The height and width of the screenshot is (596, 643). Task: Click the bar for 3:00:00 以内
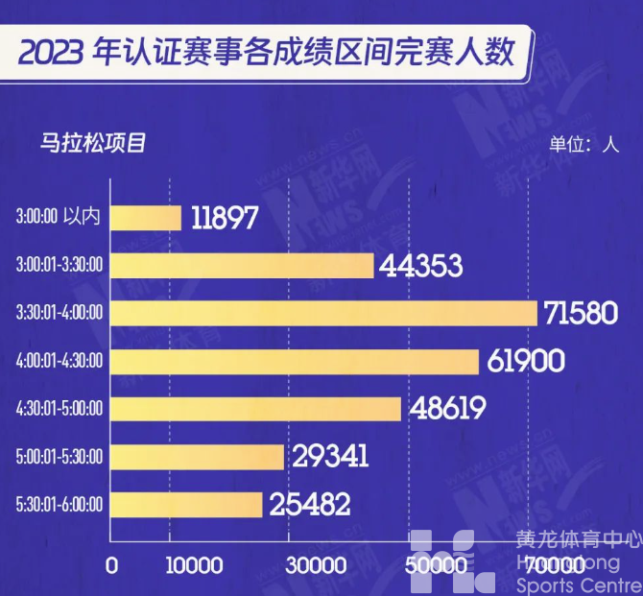point(146,218)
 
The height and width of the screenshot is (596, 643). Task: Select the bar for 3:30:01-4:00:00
point(323,313)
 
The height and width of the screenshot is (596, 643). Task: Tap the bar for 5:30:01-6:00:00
point(186,504)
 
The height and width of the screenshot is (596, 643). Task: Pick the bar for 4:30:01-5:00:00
point(255,408)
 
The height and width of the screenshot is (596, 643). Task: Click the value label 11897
point(225,218)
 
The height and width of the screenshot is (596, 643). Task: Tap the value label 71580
point(581,313)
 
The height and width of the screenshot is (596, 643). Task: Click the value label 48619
point(449,409)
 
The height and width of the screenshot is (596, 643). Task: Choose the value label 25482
point(309,504)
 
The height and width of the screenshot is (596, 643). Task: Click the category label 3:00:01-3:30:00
point(60,265)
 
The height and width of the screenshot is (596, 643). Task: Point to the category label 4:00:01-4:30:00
point(60,361)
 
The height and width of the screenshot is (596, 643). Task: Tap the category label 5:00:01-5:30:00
point(60,456)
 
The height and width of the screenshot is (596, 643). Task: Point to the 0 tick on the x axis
point(112,565)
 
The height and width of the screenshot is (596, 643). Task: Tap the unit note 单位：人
point(583,145)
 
